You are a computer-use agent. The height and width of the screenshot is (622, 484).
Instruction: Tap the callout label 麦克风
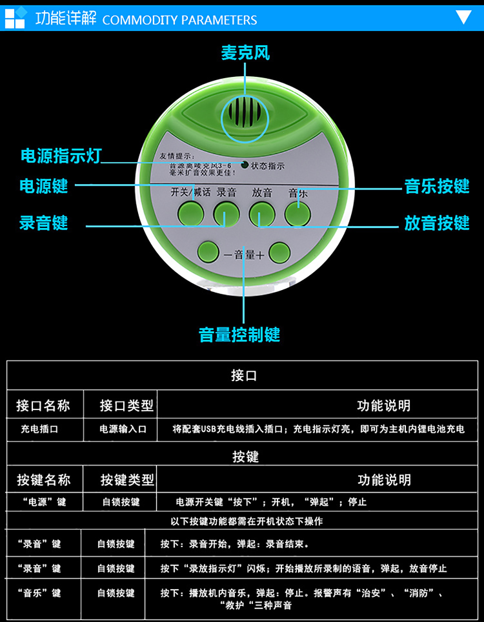[x=245, y=53]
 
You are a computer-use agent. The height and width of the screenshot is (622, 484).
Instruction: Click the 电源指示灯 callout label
[x=61, y=156]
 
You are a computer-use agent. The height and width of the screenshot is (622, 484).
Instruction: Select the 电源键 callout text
[x=44, y=187]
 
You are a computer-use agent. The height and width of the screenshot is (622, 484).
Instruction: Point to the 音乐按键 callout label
[x=436, y=187]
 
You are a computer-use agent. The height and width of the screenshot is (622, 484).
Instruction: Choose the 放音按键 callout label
[x=436, y=223]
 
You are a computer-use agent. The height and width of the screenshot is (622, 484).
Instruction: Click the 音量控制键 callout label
[x=239, y=335]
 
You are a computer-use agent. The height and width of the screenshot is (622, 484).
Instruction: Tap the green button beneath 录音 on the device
[x=227, y=213]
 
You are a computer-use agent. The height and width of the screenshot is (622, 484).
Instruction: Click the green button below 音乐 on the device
[x=297, y=213]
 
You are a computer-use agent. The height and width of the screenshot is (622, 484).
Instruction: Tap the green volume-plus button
[x=280, y=253]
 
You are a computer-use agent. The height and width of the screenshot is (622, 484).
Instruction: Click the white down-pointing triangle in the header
[x=463, y=17]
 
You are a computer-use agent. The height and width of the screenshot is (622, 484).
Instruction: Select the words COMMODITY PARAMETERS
[x=179, y=20]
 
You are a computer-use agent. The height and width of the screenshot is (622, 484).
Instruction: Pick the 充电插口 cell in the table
[x=39, y=429]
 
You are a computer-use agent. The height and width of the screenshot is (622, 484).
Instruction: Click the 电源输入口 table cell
[x=123, y=429]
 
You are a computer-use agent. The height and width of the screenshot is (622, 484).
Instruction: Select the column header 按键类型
[x=127, y=480]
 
